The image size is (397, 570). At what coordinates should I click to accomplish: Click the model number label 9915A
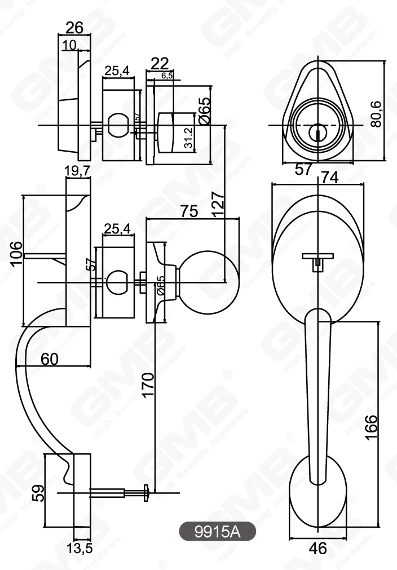[217, 532]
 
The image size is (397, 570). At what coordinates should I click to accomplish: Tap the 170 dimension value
[148, 385]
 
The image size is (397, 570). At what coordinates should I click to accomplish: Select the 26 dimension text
[74, 26]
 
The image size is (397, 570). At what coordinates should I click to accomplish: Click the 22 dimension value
[160, 64]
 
